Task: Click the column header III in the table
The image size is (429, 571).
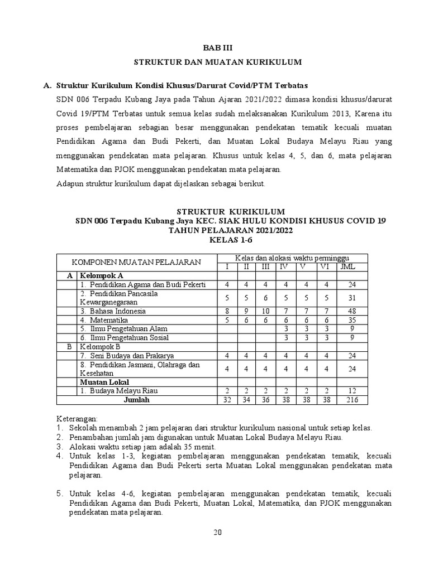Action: (x=265, y=267)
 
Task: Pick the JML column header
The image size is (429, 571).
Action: (x=347, y=267)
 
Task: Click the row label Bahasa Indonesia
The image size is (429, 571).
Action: (x=113, y=311)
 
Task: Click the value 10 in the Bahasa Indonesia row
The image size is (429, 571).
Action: (x=265, y=311)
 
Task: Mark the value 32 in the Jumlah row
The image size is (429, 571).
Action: (x=227, y=400)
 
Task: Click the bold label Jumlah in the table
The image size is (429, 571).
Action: (x=137, y=400)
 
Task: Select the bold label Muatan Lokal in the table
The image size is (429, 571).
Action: (x=104, y=382)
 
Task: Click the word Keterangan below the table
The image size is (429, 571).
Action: (x=78, y=418)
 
